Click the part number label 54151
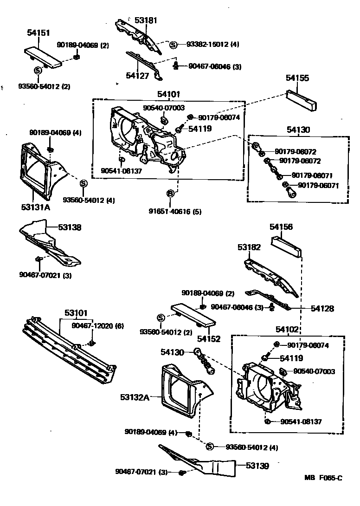click(39, 33)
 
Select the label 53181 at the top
click(146, 20)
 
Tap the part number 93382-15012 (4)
click(213, 45)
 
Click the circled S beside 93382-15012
click(173, 45)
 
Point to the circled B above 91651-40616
click(170, 193)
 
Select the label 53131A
click(34, 207)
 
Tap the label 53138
click(70, 227)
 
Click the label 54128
click(322, 308)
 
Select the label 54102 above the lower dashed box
click(288, 329)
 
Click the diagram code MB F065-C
click(323, 478)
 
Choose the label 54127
click(137, 76)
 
